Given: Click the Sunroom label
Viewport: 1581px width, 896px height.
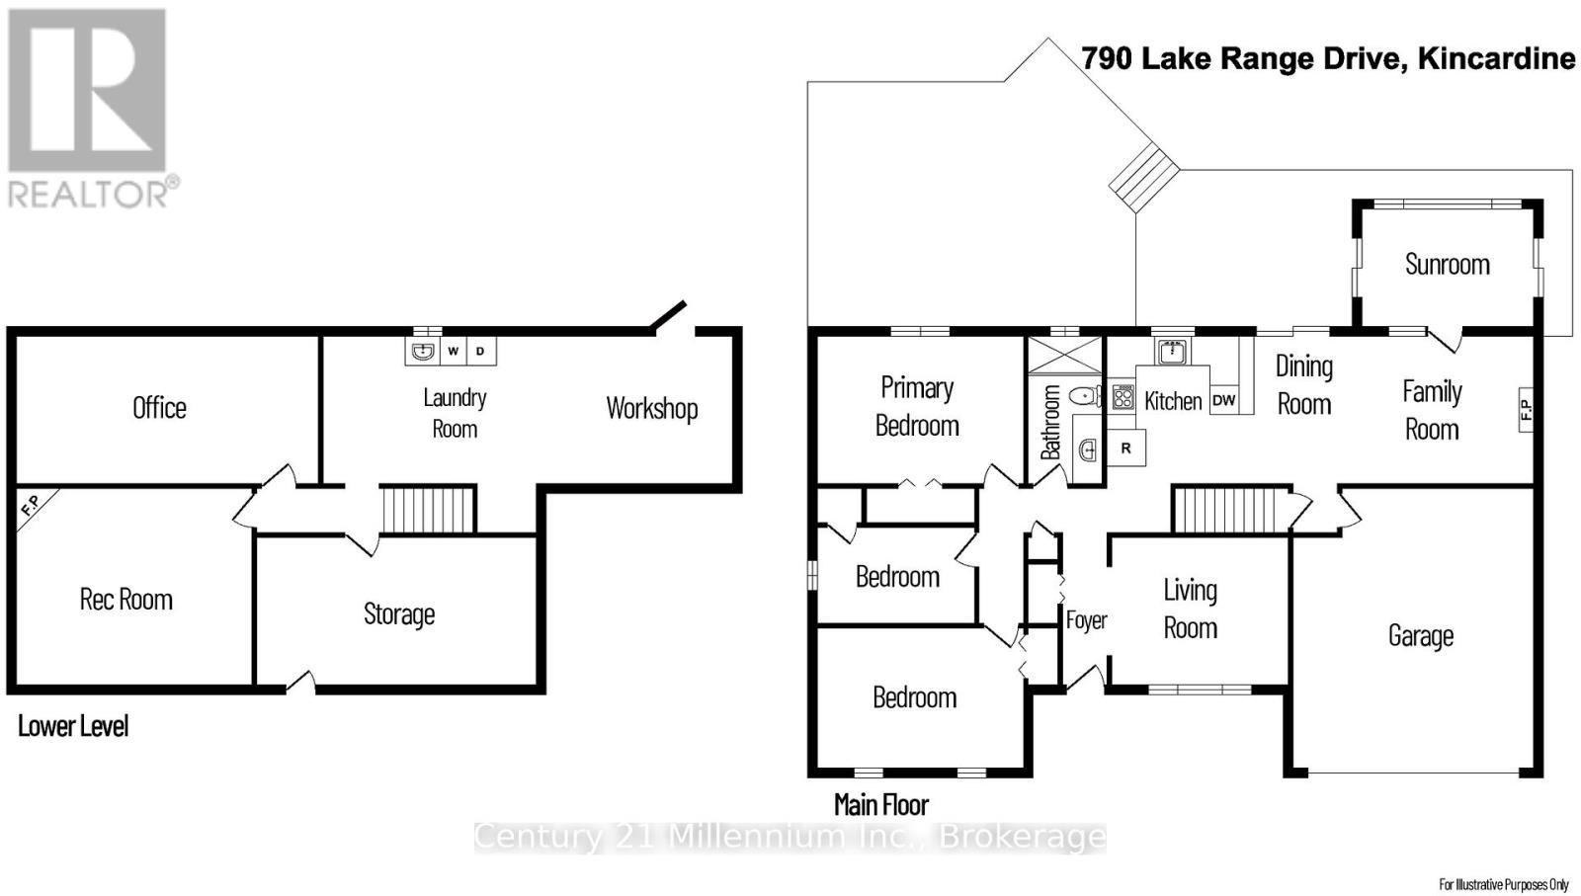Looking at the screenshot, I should point(1447,264).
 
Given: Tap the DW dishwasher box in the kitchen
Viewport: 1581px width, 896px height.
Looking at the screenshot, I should point(1223,400).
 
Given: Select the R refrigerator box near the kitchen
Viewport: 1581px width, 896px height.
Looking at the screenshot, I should point(1125,448).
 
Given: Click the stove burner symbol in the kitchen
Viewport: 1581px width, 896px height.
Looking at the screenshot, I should point(1123,397).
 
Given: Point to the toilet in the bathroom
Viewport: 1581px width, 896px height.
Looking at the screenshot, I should point(1085,397).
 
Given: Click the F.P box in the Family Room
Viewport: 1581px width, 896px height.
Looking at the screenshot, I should point(1525,409).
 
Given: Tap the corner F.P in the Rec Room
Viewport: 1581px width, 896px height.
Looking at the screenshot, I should point(31,506).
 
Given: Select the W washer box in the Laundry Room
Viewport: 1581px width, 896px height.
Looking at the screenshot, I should point(453,351).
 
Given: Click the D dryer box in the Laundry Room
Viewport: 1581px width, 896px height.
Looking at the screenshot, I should point(481,351).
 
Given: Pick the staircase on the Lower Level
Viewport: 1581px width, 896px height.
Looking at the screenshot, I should point(429,509).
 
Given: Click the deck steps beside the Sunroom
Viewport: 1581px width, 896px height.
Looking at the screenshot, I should point(1144,177).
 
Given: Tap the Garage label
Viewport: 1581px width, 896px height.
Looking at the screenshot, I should point(1420,635).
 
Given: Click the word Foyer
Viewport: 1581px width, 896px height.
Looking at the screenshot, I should point(1086,620).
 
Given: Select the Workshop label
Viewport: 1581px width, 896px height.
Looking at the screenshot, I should point(651,408).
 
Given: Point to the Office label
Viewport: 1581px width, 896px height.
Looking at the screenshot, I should point(159,407).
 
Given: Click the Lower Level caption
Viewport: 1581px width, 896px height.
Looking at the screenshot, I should point(73,726).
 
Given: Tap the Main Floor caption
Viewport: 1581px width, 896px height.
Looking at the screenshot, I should point(881,804).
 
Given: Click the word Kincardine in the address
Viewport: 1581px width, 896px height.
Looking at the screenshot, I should point(1496,58).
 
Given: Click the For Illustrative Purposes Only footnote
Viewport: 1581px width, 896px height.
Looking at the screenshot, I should point(1503,884).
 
